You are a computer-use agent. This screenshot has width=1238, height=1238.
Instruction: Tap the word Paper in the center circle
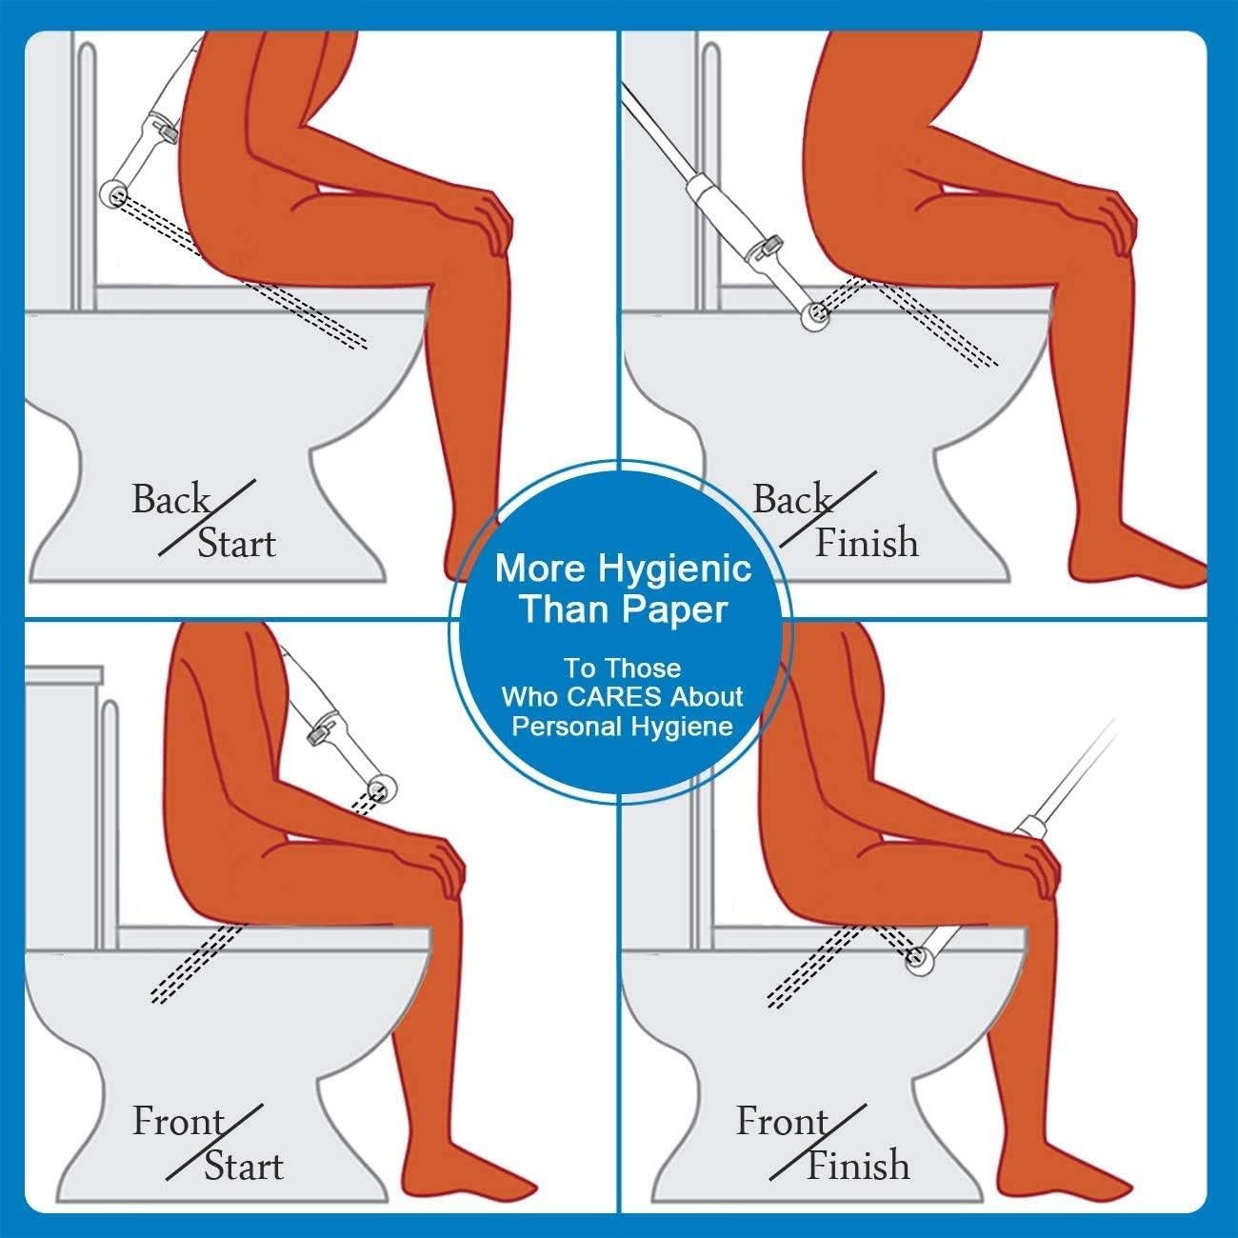coord(676,609)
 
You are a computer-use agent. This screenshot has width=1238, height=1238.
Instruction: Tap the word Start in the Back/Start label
coord(236,544)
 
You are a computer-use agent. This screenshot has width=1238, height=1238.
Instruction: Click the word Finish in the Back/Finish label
coord(867,543)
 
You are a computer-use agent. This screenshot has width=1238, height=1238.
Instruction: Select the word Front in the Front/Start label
coord(178,1122)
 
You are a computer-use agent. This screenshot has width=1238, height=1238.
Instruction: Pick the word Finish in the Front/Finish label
coord(858,1165)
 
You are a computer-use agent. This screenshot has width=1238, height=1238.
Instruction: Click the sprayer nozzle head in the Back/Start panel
coord(115,193)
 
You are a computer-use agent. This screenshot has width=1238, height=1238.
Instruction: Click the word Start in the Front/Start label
coord(244,1167)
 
